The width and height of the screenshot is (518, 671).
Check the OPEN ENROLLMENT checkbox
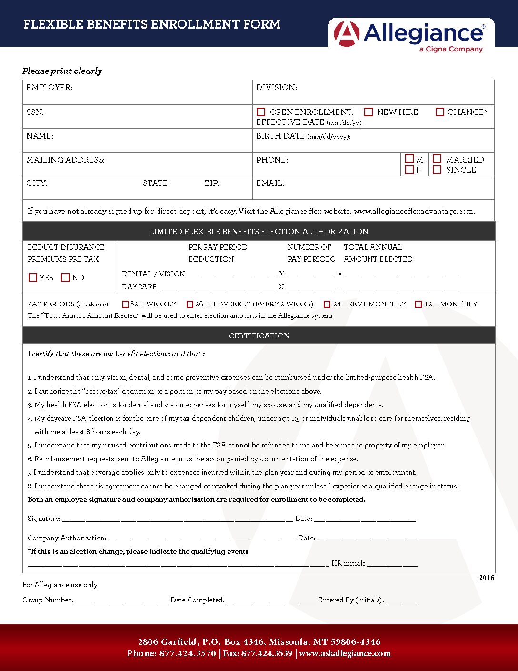(261, 112)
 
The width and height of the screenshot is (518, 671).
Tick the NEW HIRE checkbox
(369, 112)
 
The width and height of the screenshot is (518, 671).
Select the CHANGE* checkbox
(440, 112)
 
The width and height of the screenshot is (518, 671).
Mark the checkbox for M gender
(409, 159)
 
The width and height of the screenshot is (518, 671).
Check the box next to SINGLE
(437, 170)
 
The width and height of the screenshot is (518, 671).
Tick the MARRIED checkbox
(437, 159)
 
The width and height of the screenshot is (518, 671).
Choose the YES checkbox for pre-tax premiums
(33, 277)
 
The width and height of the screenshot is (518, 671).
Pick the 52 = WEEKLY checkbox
(126, 304)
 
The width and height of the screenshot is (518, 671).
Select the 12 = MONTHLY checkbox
(418, 304)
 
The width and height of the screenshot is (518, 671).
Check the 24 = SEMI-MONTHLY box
(327, 304)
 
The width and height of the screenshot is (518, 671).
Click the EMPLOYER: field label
(49, 88)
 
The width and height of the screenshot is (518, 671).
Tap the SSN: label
(35, 112)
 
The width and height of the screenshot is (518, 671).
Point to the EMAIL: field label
(270, 183)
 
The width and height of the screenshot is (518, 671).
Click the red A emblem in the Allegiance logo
(347, 33)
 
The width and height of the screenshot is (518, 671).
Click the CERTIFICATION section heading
(259, 335)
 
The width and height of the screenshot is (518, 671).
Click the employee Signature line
(177, 519)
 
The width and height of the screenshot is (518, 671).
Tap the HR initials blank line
(392, 564)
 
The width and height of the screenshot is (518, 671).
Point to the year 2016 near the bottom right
(487, 578)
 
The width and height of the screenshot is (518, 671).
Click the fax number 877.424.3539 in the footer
(267, 653)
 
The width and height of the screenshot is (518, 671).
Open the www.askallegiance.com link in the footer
(345, 653)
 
